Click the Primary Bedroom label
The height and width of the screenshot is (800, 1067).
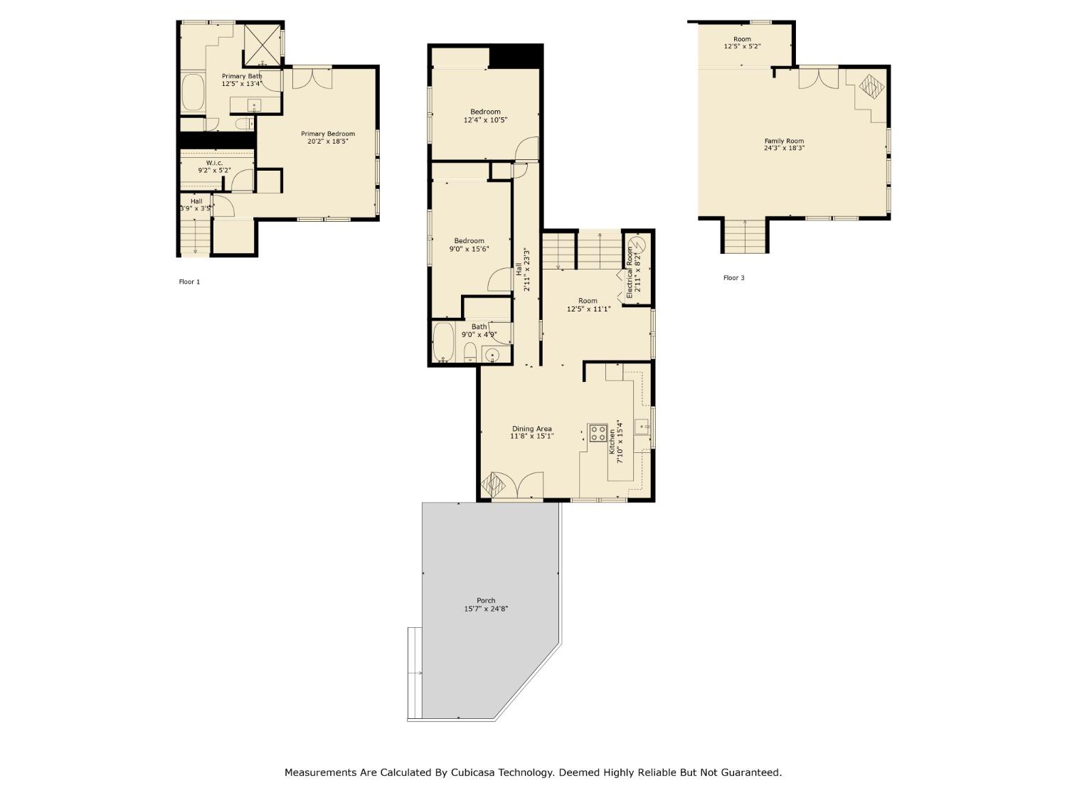(x=327, y=134)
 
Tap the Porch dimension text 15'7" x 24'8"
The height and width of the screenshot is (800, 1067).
(x=486, y=609)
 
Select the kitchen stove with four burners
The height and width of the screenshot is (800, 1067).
(x=598, y=433)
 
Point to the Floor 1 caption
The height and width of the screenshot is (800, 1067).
(x=189, y=282)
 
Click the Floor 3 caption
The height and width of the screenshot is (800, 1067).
(x=733, y=278)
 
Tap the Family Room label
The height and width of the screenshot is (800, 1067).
(x=784, y=141)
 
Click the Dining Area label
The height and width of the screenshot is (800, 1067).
(x=531, y=429)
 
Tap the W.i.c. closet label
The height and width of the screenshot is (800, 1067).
(x=214, y=163)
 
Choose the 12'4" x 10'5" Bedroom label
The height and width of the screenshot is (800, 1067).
(x=485, y=112)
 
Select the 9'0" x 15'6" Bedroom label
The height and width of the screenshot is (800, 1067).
(x=469, y=241)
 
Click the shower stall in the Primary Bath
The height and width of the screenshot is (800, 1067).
(x=262, y=44)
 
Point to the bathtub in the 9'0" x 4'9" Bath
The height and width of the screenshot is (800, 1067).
(x=444, y=343)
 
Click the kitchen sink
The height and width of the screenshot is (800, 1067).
(x=642, y=427)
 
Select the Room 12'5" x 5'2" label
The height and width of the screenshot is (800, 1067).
(x=742, y=39)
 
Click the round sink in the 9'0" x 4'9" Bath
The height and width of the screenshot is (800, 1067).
(x=492, y=355)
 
